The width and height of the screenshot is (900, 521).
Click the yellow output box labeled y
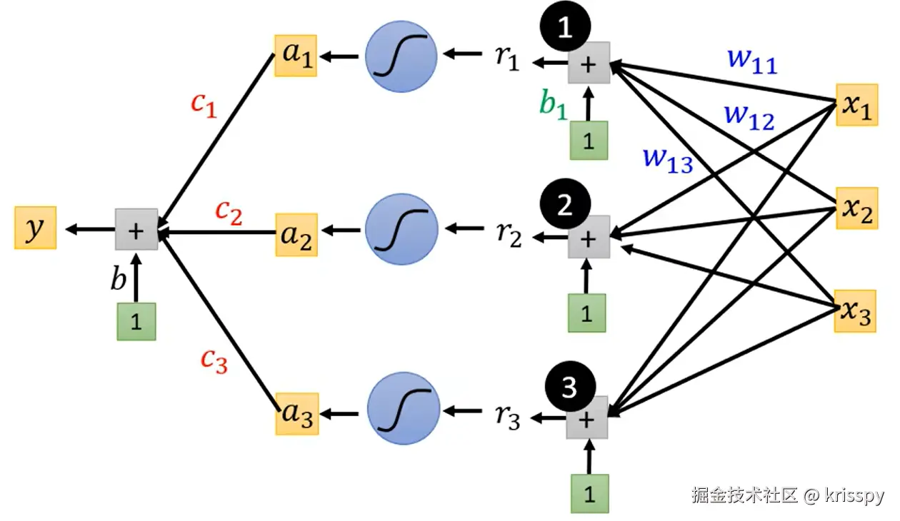[36, 228]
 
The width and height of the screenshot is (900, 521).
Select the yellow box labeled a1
[296, 56]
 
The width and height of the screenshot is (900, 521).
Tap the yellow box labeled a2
[296, 235]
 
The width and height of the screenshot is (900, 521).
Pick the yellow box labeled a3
[297, 414]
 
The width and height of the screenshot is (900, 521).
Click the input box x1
[857, 105]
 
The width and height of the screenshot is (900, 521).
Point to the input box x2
[857, 208]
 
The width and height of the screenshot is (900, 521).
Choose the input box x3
[856, 311]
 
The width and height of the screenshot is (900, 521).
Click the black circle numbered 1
[565, 26]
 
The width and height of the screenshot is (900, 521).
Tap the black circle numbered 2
[565, 204]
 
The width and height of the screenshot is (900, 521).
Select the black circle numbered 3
[570, 386]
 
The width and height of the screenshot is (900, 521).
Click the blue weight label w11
[753, 61]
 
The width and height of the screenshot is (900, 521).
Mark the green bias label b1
[554, 104]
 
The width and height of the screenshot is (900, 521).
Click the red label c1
[204, 105]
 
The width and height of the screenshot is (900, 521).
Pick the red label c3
[214, 361]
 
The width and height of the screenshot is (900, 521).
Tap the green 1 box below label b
[136, 322]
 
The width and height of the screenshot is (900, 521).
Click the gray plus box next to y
[136, 229]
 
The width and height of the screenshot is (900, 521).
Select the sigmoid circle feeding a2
[401, 230]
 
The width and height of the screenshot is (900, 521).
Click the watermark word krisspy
[854, 496]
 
